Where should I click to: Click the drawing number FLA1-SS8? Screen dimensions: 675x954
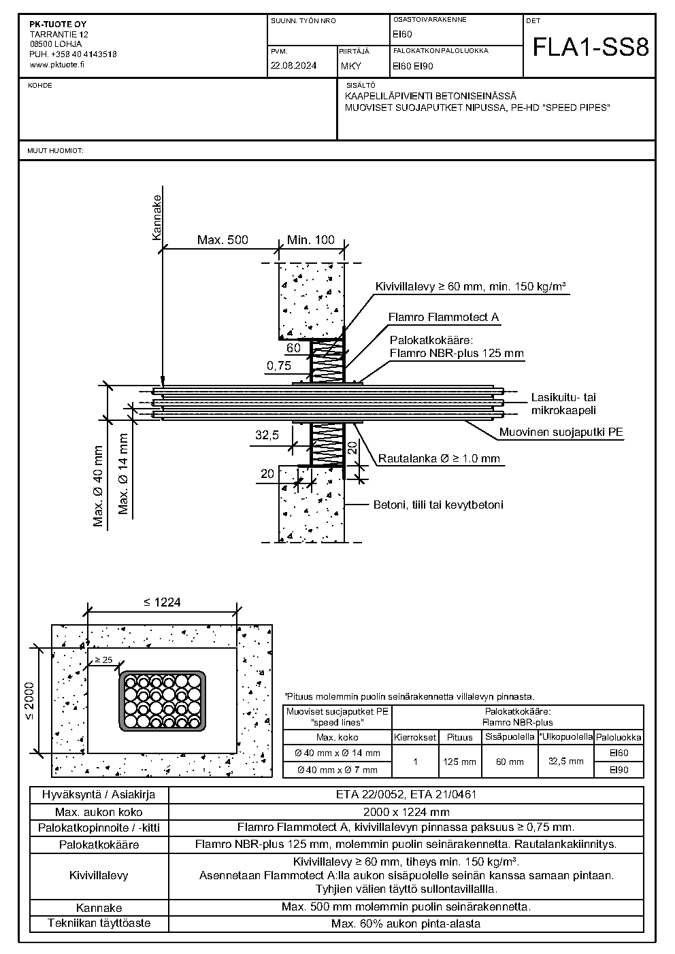[x=591, y=48]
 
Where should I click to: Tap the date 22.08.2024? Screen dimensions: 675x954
[x=293, y=65]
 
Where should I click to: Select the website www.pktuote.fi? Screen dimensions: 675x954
[x=57, y=65]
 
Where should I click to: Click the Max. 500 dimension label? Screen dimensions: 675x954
[x=223, y=240]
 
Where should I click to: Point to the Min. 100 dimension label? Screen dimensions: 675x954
[x=311, y=240]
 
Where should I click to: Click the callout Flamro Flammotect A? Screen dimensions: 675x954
[x=444, y=317]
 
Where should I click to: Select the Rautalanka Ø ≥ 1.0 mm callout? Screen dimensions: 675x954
[x=439, y=458]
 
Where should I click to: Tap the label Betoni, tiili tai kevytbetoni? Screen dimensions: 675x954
[x=438, y=505]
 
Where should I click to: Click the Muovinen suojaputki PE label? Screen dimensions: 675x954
[x=561, y=432]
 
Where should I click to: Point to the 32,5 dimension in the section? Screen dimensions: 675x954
[x=267, y=435]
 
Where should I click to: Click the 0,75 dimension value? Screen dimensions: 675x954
[x=279, y=365]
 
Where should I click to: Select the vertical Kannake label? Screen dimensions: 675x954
[x=157, y=217]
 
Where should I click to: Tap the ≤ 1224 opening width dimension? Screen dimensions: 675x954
[x=162, y=602]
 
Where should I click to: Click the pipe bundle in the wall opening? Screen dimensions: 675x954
[x=163, y=701]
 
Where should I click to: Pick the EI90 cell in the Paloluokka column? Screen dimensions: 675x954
[x=619, y=770]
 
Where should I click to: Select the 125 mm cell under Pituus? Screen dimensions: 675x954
[x=459, y=762]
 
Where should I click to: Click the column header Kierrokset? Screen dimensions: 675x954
[x=415, y=737]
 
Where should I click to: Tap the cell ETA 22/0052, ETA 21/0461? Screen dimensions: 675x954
[x=406, y=794]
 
